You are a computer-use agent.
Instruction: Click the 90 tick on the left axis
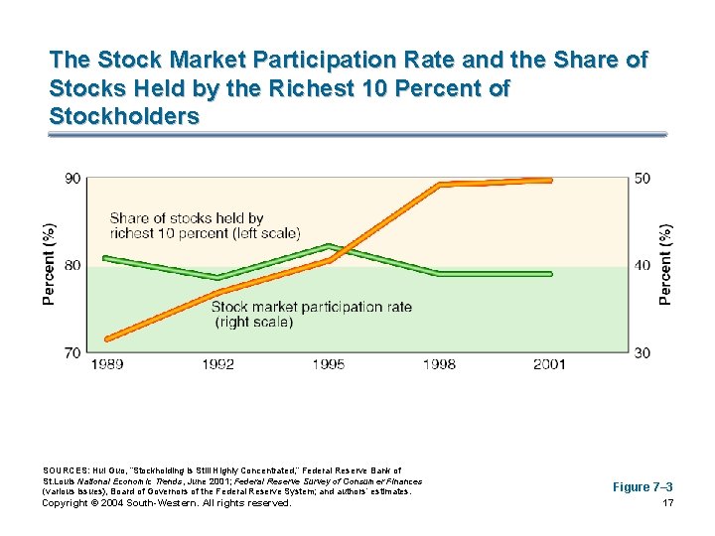click(73, 179)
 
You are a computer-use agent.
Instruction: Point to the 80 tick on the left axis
click(73, 265)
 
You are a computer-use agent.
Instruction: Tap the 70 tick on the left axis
click(73, 352)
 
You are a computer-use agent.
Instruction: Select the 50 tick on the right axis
click(643, 179)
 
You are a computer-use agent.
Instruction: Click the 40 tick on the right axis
click(643, 265)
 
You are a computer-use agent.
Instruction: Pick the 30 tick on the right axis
click(643, 352)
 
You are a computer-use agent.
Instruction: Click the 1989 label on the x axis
click(107, 365)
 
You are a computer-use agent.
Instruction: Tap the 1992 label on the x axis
click(217, 365)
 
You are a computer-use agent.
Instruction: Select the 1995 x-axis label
click(329, 365)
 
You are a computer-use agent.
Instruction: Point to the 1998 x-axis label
click(439, 365)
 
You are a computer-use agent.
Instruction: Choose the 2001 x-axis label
click(549, 365)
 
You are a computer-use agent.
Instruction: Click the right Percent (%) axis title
click(666, 264)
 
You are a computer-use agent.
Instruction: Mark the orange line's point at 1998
click(440, 184)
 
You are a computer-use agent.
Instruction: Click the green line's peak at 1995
click(329, 246)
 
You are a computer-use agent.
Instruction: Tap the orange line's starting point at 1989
click(107, 338)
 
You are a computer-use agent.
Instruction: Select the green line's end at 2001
click(550, 273)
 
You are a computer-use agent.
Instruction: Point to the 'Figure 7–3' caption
click(643, 486)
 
